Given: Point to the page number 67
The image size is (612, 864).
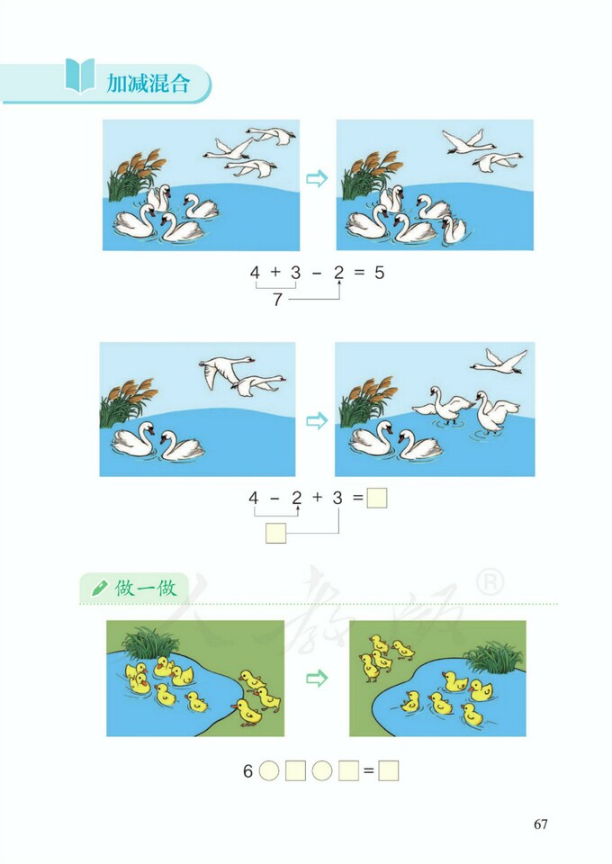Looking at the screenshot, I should pos(540,823).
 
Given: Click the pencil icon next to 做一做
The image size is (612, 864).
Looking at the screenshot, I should pos(98,589).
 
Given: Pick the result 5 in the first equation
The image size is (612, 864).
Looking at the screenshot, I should pos(379,272).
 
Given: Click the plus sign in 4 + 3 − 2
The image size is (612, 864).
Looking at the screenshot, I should pos(274,272).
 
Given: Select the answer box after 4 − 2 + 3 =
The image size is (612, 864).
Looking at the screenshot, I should pos(377,498).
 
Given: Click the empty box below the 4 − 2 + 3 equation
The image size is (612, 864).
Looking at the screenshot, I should pos(276,535).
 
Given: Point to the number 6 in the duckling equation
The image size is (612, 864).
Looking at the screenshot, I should pos(247,771).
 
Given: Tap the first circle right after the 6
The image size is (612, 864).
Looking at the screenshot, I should pos(269,771).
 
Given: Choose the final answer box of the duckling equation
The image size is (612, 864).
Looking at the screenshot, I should pos(389,771).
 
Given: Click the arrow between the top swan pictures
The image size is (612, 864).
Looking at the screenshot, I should pos(317,179).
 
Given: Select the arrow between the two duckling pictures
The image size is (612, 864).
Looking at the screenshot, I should pos(316,678).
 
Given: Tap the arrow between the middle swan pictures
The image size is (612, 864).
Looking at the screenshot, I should pos(316,420).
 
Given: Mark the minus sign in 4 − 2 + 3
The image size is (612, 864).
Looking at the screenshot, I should pos(274,498).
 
